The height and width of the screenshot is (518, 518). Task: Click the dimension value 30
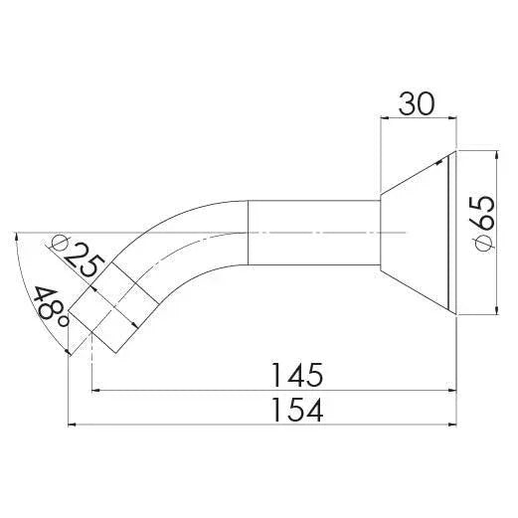click(x=419, y=103)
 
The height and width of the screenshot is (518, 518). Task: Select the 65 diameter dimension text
click(x=481, y=223)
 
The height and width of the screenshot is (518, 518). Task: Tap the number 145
click(x=295, y=375)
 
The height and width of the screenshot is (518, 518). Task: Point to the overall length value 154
click(x=295, y=409)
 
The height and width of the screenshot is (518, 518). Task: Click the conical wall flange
click(x=414, y=232)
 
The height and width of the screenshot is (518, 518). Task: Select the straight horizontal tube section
click(x=313, y=232)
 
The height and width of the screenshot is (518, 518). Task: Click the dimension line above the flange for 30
click(x=419, y=120)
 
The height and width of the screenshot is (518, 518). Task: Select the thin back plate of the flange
click(x=452, y=232)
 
